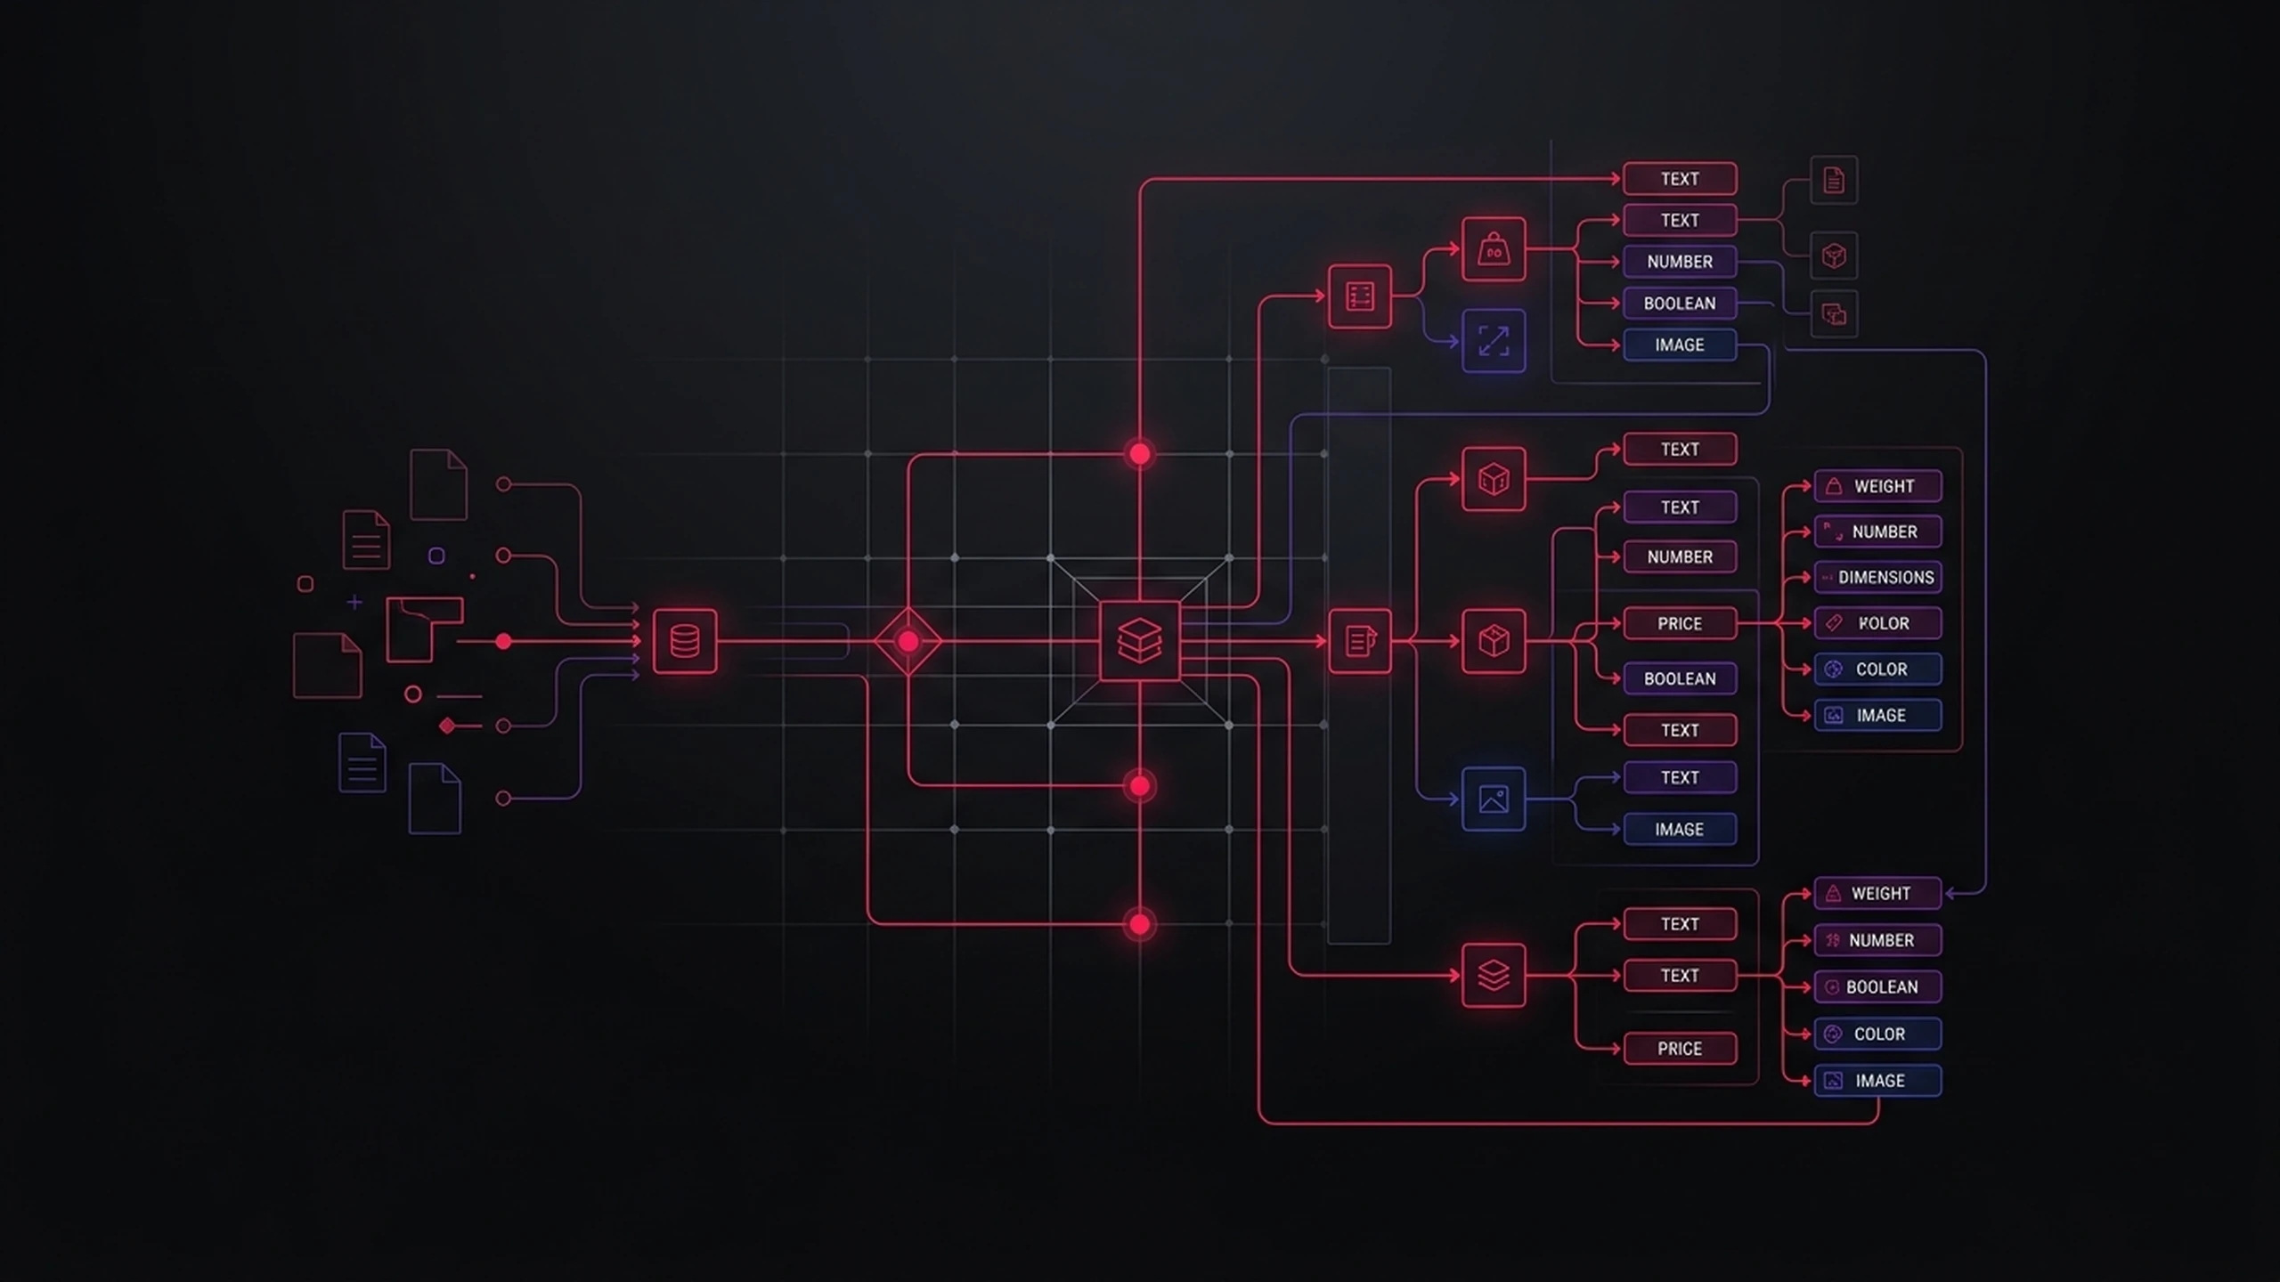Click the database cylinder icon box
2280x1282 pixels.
684,641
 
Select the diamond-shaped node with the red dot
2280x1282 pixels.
908,641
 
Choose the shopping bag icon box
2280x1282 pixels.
1494,249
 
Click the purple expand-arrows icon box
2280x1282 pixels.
1494,341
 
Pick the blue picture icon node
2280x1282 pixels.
1494,799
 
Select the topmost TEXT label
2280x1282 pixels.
1680,179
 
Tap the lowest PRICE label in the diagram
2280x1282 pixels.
1680,1049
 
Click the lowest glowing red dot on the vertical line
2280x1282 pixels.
1139,924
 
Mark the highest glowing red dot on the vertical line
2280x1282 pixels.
1139,454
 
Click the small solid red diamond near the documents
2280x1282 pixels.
447,726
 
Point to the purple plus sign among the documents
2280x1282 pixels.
354,603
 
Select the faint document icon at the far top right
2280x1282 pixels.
1834,181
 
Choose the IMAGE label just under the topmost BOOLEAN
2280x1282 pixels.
1680,345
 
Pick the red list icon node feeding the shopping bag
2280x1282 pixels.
1359,296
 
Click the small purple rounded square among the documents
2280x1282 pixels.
436,556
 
